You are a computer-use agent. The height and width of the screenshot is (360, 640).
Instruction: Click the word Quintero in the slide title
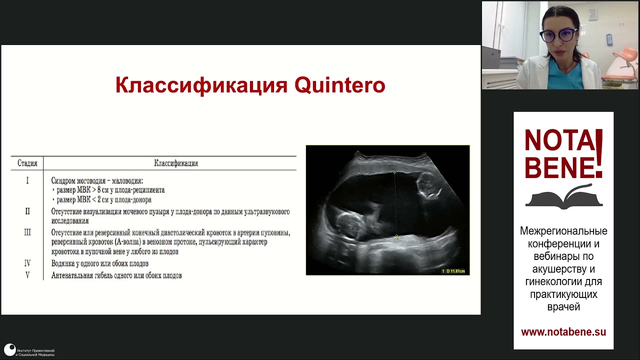click(x=339, y=85)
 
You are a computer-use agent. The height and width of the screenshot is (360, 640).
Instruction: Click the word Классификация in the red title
click(x=201, y=85)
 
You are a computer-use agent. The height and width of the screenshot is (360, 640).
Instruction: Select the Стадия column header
click(x=27, y=163)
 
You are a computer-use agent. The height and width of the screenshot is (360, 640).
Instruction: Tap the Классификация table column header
click(x=175, y=163)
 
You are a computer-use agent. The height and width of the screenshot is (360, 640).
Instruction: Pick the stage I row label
click(x=27, y=180)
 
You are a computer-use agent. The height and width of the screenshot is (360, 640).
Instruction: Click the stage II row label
click(x=27, y=211)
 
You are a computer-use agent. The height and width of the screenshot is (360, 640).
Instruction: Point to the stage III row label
click(x=27, y=232)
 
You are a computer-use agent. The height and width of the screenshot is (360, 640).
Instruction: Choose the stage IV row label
click(x=27, y=263)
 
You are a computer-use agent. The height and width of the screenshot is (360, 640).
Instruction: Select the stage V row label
click(x=27, y=275)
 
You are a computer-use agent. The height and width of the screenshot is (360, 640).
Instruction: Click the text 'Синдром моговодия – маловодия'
click(x=97, y=180)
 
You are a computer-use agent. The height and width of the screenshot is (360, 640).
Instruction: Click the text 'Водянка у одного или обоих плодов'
click(x=100, y=263)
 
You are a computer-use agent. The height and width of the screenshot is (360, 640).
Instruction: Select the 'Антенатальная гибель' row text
click(x=116, y=275)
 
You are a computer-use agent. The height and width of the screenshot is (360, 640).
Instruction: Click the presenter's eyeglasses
click(x=558, y=35)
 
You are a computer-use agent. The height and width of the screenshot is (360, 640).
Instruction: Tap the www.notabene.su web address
click(x=563, y=332)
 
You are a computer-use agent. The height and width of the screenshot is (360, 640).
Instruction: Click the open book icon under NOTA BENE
click(x=563, y=197)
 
